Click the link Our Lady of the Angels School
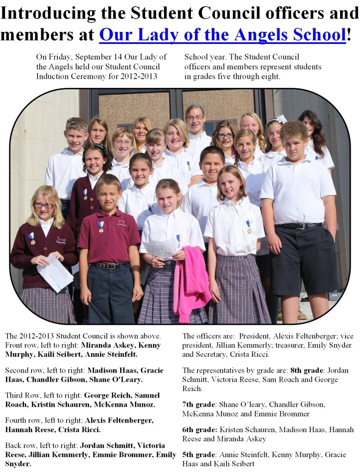tap(222, 35)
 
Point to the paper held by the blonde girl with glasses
tap(55, 272)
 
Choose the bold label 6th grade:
tap(199, 429)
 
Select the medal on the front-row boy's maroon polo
tap(101, 228)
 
